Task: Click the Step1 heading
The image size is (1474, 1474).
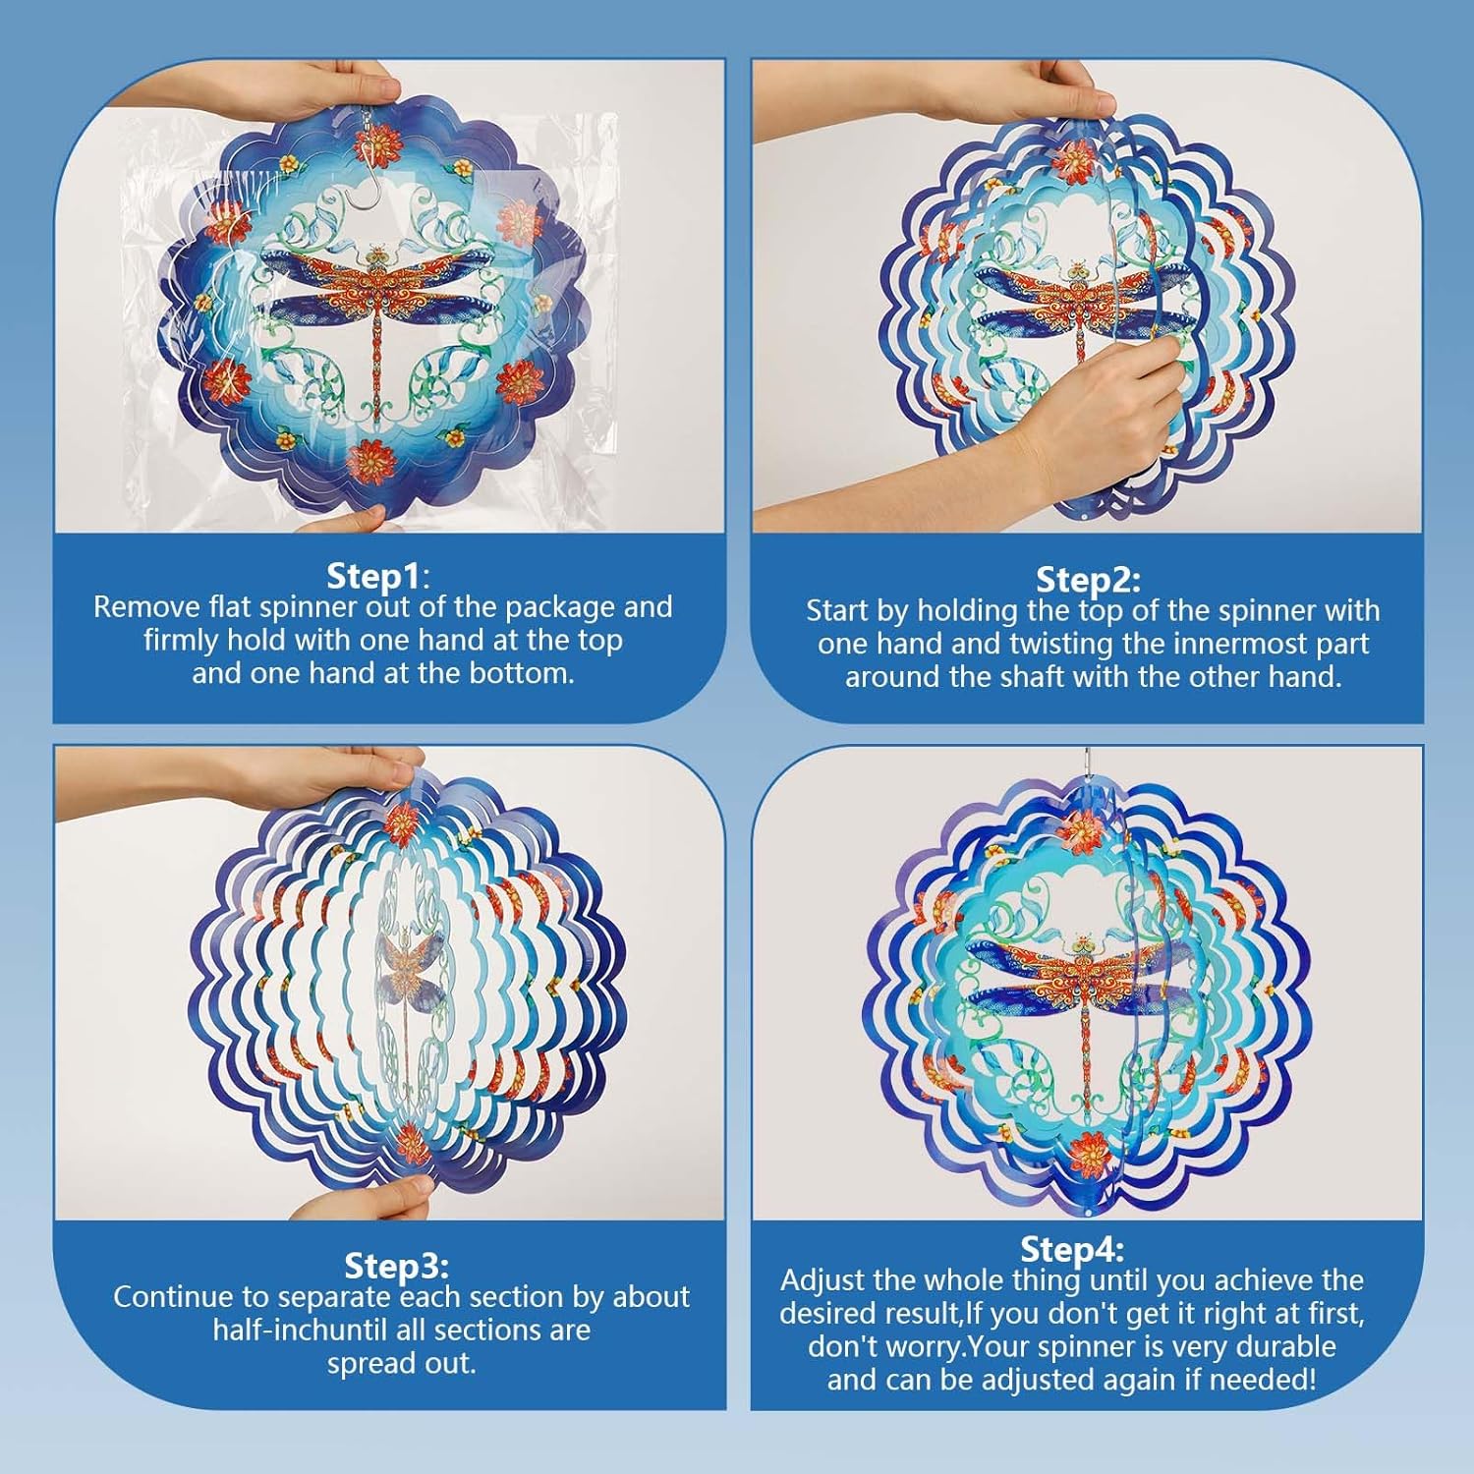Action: click(378, 575)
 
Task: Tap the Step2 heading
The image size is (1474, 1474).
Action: click(1088, 579)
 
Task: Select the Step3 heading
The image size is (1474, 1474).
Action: click(396, 1265)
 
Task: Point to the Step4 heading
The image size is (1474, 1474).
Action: click(1072, 1249)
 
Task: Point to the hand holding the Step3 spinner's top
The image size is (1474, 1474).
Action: click(334, 776)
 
